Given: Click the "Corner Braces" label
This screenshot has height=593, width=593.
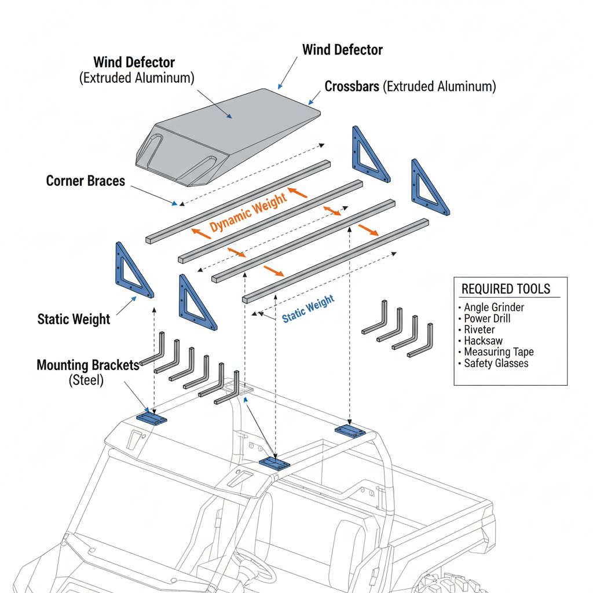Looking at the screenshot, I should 85,181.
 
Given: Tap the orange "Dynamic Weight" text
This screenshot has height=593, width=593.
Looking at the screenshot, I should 248,213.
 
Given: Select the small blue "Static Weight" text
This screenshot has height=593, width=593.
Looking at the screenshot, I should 308,309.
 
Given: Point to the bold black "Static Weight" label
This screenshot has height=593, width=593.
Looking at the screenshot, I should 74,319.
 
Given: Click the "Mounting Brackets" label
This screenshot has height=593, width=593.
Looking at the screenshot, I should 87,365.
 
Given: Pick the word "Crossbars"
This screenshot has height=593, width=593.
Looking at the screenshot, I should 352,87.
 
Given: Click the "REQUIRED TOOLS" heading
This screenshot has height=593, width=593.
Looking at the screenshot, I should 506,289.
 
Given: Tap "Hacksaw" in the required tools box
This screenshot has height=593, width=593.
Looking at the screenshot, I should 483,341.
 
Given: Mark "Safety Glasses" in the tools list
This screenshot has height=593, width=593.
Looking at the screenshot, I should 496,364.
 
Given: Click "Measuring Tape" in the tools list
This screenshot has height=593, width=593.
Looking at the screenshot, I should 499,352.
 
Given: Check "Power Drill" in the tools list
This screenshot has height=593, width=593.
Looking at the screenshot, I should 487,319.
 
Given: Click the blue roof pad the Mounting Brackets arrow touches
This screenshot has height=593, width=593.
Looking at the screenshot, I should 151,418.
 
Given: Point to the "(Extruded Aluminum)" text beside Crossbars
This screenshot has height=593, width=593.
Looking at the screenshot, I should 441,87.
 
